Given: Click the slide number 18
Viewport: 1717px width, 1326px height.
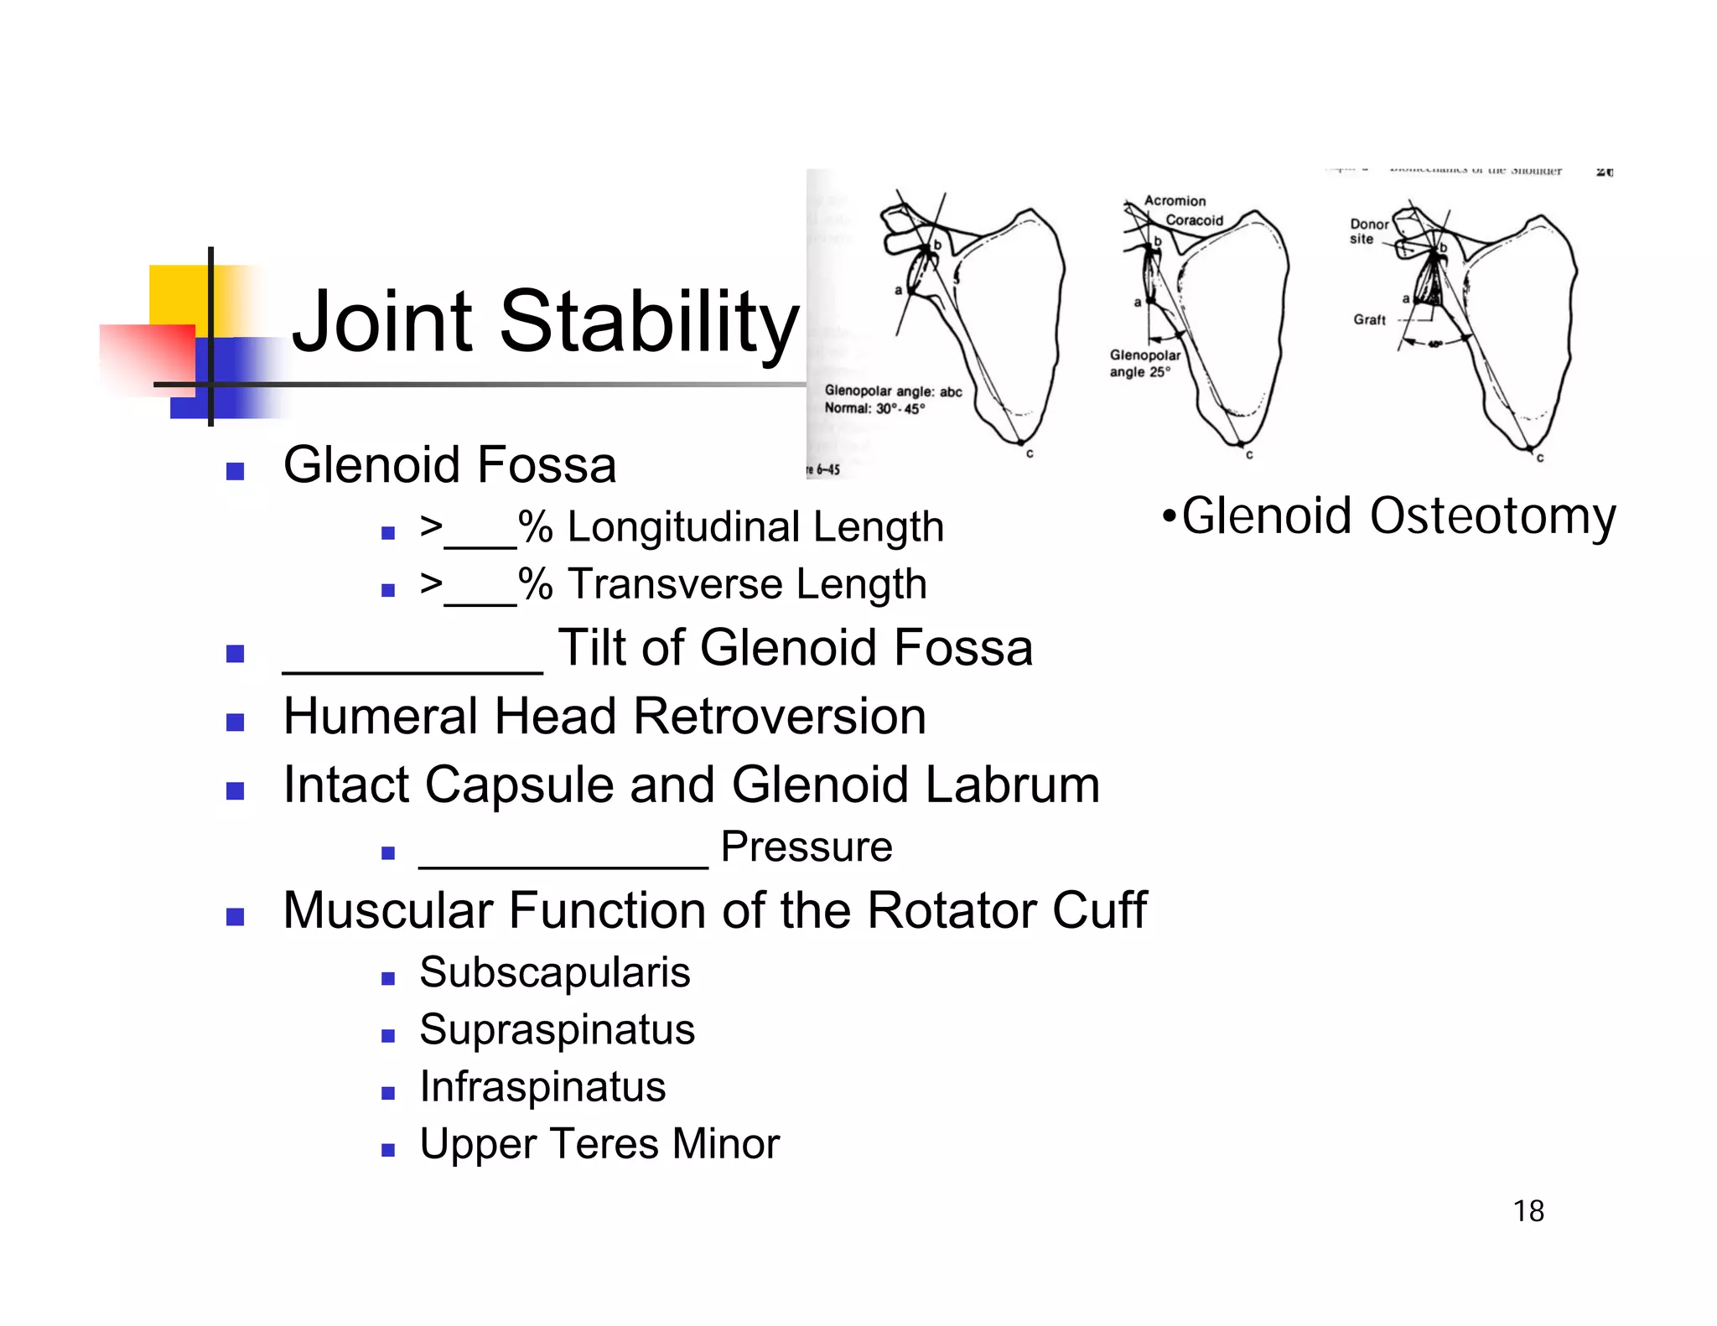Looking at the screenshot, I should coord(1528,1211).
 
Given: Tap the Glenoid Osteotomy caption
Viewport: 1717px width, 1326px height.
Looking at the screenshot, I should coord(1389,515).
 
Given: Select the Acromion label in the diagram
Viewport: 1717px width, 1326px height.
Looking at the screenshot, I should coord(1175,201).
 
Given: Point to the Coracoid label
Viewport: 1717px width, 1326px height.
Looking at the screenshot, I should coord(1194,220).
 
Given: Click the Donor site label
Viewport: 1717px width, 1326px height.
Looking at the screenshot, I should coord(1367,231).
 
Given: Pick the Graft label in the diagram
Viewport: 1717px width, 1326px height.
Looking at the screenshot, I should coord(1369,319).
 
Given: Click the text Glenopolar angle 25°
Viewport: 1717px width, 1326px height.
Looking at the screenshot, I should coord(1144,364).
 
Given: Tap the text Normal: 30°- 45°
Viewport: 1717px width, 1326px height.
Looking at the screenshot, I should coord(874,408).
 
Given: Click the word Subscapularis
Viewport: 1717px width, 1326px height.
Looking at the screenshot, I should coord(554,972).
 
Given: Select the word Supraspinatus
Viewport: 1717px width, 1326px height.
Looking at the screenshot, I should coord(557,1029).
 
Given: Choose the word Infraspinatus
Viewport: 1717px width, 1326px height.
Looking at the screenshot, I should coord(542,1086).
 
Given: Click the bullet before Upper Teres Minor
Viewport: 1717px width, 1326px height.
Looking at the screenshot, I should coord(387,1150).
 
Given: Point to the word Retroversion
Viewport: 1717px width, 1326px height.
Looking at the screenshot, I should coord(779,717).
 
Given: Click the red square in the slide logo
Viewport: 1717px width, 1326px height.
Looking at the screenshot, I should coord(148,359).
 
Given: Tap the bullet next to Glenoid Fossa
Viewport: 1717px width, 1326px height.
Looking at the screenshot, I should coord(235,471).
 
